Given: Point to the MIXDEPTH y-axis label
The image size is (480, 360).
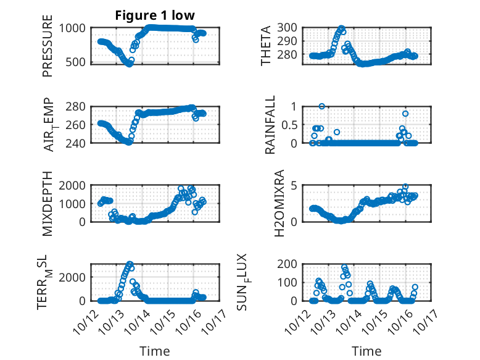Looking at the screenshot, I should point(48,203).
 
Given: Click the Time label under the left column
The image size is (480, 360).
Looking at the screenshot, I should point(154,351).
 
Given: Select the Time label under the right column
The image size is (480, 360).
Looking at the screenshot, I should point(366,351).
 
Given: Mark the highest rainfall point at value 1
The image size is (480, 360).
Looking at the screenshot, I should point(321,106).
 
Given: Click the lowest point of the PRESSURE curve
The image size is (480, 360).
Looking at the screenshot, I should point(129,64).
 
